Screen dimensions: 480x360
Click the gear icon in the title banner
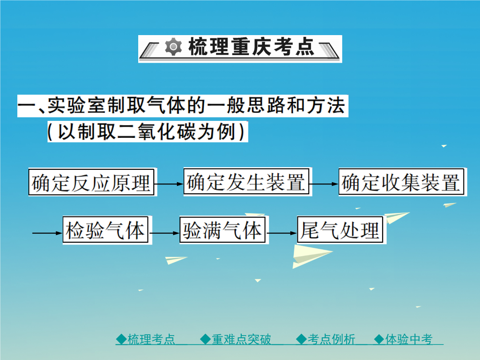[173, 47]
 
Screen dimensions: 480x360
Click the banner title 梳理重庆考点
[251, 47]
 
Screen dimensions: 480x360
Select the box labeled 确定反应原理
[91, 182]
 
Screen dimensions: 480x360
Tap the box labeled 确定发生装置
[246, 181]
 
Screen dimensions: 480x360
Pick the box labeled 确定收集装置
[401, 181]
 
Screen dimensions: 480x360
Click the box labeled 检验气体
[105, 230]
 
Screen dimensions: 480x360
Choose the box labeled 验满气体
[222, 230]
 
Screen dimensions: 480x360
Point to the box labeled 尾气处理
[340, 230]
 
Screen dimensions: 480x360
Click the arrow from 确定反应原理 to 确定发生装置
[169, 184]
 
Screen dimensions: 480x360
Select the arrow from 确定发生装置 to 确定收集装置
[324, 184]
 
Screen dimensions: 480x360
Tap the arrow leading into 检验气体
[48, 233]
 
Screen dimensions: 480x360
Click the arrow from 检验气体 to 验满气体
[164, 233]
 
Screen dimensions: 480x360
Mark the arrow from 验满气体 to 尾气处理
[281, 233]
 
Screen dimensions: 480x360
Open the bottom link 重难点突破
[236, 339]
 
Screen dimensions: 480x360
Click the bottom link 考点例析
[326, 339]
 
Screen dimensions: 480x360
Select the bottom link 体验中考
[403, 339]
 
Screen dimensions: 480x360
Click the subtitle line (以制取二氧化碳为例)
[147, 132]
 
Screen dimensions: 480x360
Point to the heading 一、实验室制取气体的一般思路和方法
[183, 106]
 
